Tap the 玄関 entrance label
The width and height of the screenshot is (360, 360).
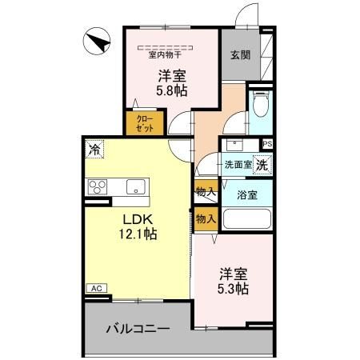tap(241, 55)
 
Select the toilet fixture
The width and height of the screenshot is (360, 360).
tap(261, 104)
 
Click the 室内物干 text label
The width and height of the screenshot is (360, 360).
tap(165, 55)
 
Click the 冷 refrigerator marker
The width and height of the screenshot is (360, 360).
tap(94, 148)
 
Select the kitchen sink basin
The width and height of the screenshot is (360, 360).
tap(135, 187)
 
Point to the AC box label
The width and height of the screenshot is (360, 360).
tap(95, 288)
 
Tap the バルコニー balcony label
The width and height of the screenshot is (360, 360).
tap(138, 329)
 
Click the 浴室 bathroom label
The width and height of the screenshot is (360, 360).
tap(246, 195)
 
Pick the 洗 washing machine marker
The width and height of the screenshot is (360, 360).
tap(262, 165)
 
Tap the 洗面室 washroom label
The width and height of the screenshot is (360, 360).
tap(237, 165)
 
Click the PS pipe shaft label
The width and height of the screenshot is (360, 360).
tap(267, 144)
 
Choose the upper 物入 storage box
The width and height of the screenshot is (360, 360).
tap(206, 192)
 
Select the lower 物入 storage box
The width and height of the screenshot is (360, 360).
tap(206, 218)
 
